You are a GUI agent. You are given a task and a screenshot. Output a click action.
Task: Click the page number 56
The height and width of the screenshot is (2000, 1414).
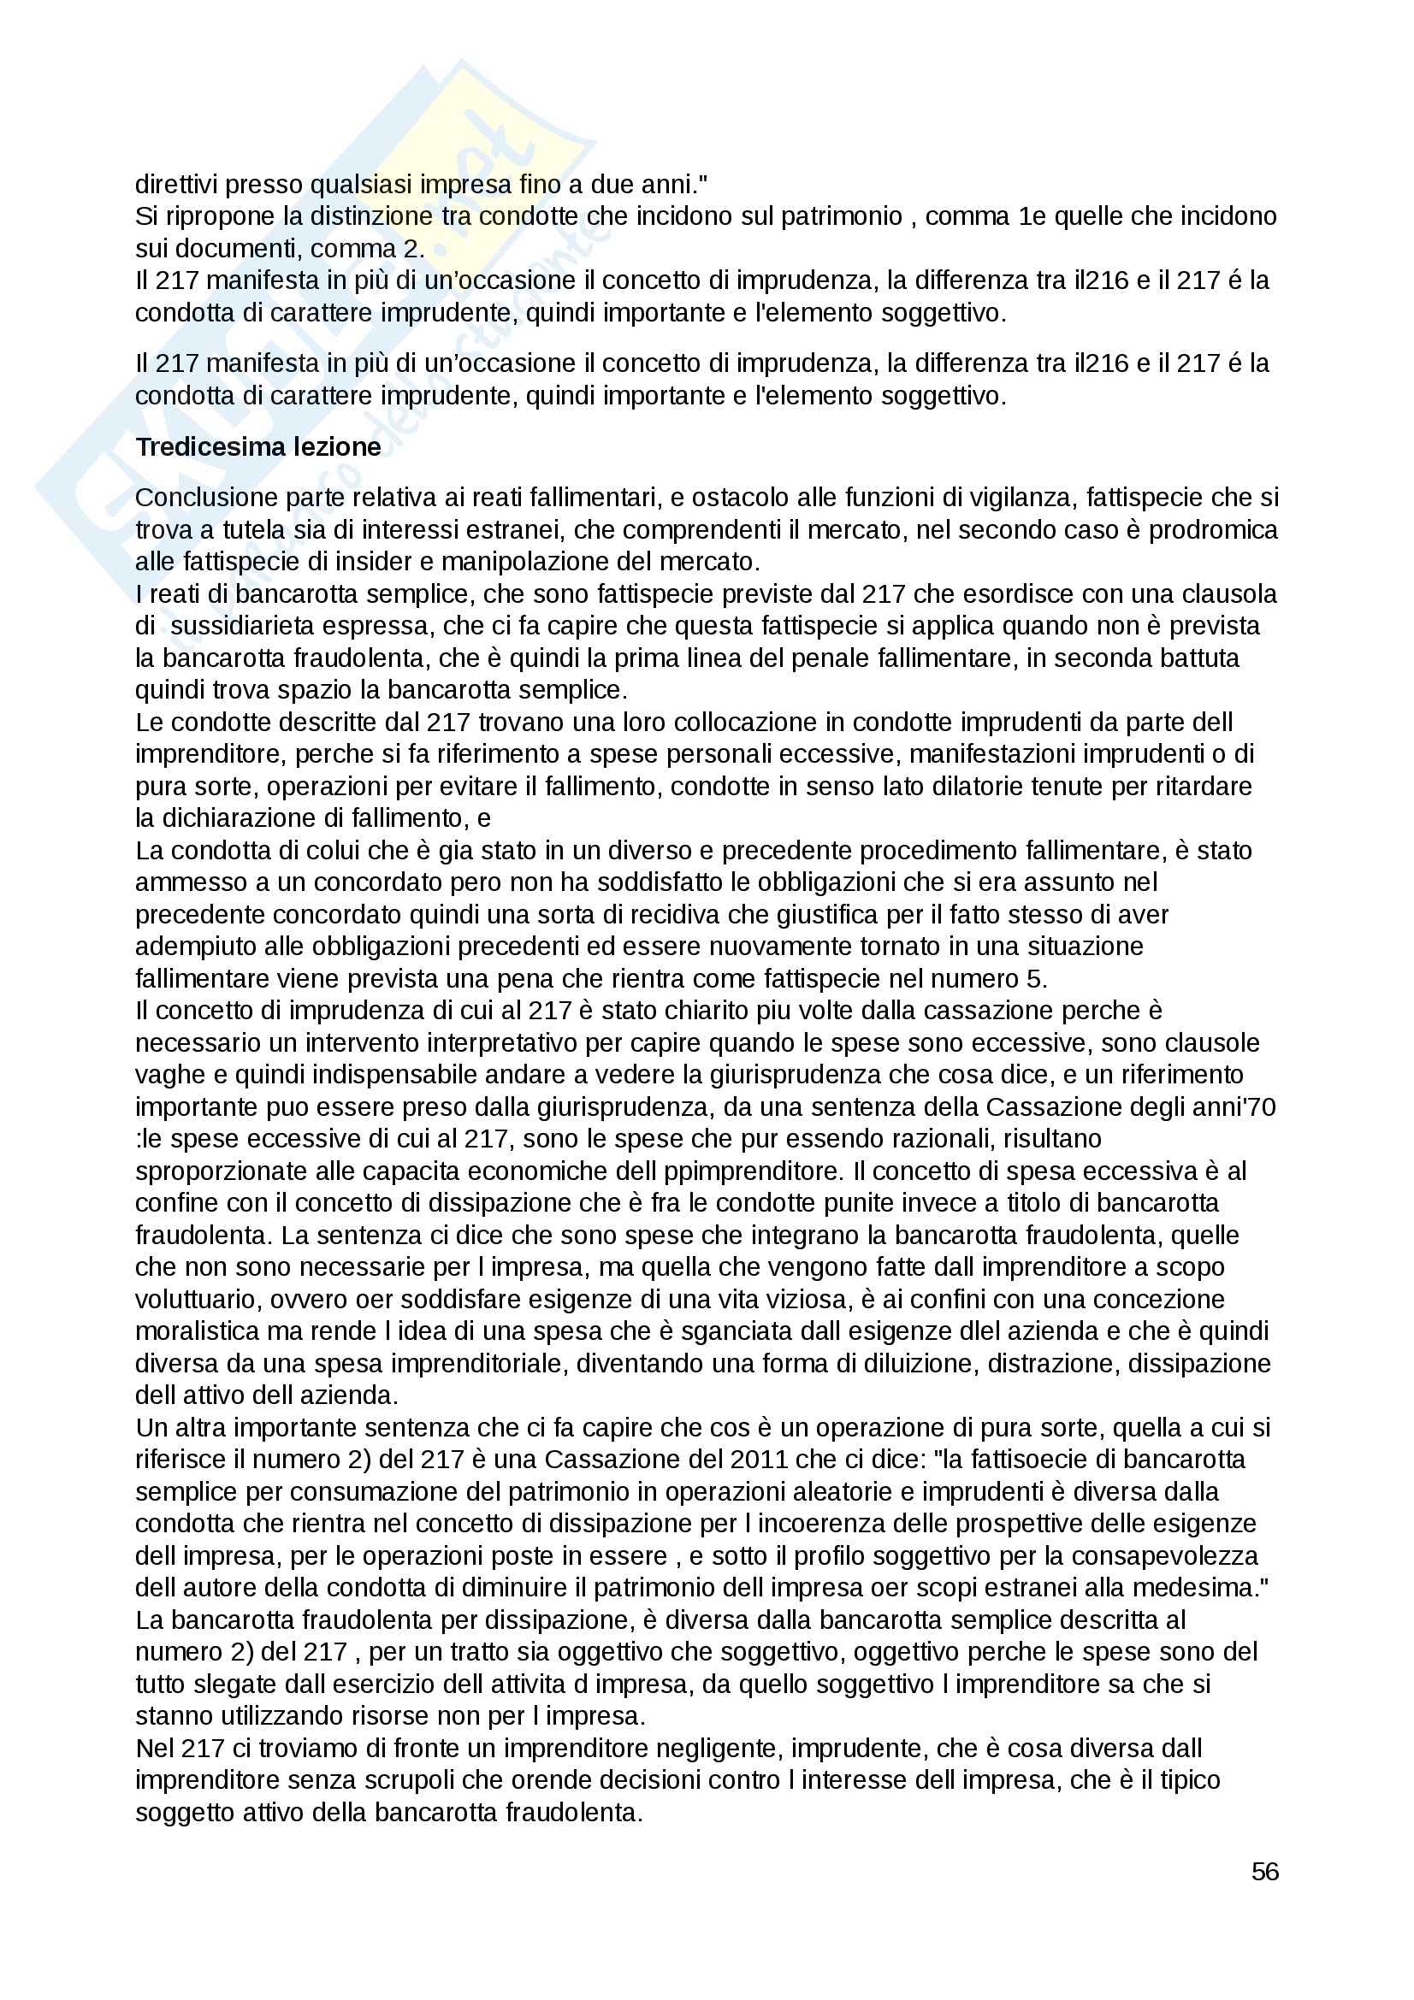tap(1264, 1871)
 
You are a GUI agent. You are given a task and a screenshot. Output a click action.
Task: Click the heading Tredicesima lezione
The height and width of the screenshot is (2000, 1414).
tap(257, 447)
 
